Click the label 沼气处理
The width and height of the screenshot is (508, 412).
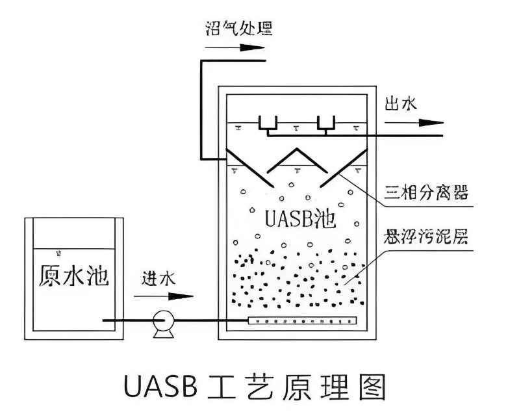pos(237,28)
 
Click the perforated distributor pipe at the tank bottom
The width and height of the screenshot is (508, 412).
pos(303,320)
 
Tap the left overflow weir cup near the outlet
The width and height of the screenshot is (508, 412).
pos(268,123)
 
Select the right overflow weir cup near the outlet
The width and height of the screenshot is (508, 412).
pos(325,123)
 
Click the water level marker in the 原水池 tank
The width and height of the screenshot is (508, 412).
pos(59,253)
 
